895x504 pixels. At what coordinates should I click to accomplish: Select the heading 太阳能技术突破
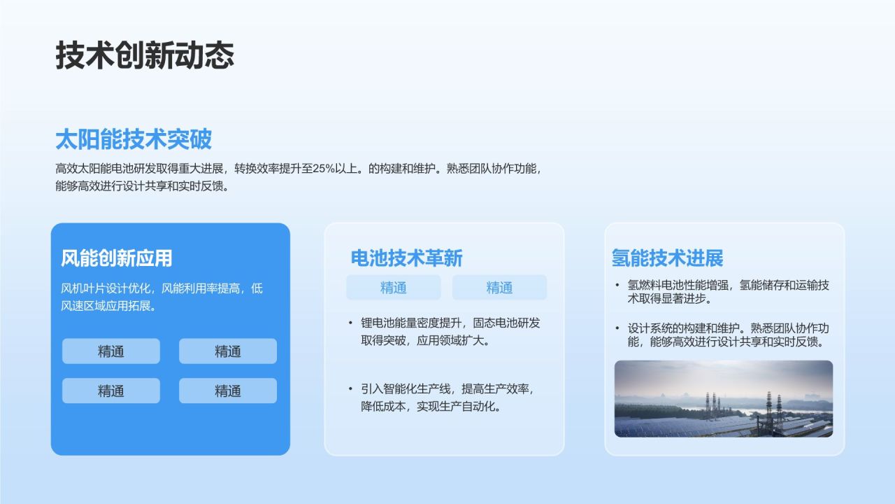(133, 139)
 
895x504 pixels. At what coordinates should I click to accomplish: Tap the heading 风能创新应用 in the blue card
(116, 258)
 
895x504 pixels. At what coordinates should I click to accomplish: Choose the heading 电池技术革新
(406, 258)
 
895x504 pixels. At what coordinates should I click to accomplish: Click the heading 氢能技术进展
(667, 258)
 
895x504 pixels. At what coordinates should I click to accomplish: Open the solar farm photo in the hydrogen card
(723, 399)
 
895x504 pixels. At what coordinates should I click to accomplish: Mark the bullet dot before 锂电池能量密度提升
(350, 323)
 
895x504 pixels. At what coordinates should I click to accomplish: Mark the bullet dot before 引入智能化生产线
(350, 389)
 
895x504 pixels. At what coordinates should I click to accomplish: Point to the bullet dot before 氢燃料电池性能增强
(617, 286)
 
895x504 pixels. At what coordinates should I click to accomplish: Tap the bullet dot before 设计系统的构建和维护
(617, 328)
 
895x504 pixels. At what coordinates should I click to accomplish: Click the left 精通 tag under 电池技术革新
(394, 288)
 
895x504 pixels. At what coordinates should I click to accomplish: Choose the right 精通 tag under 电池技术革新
(499, 288)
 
